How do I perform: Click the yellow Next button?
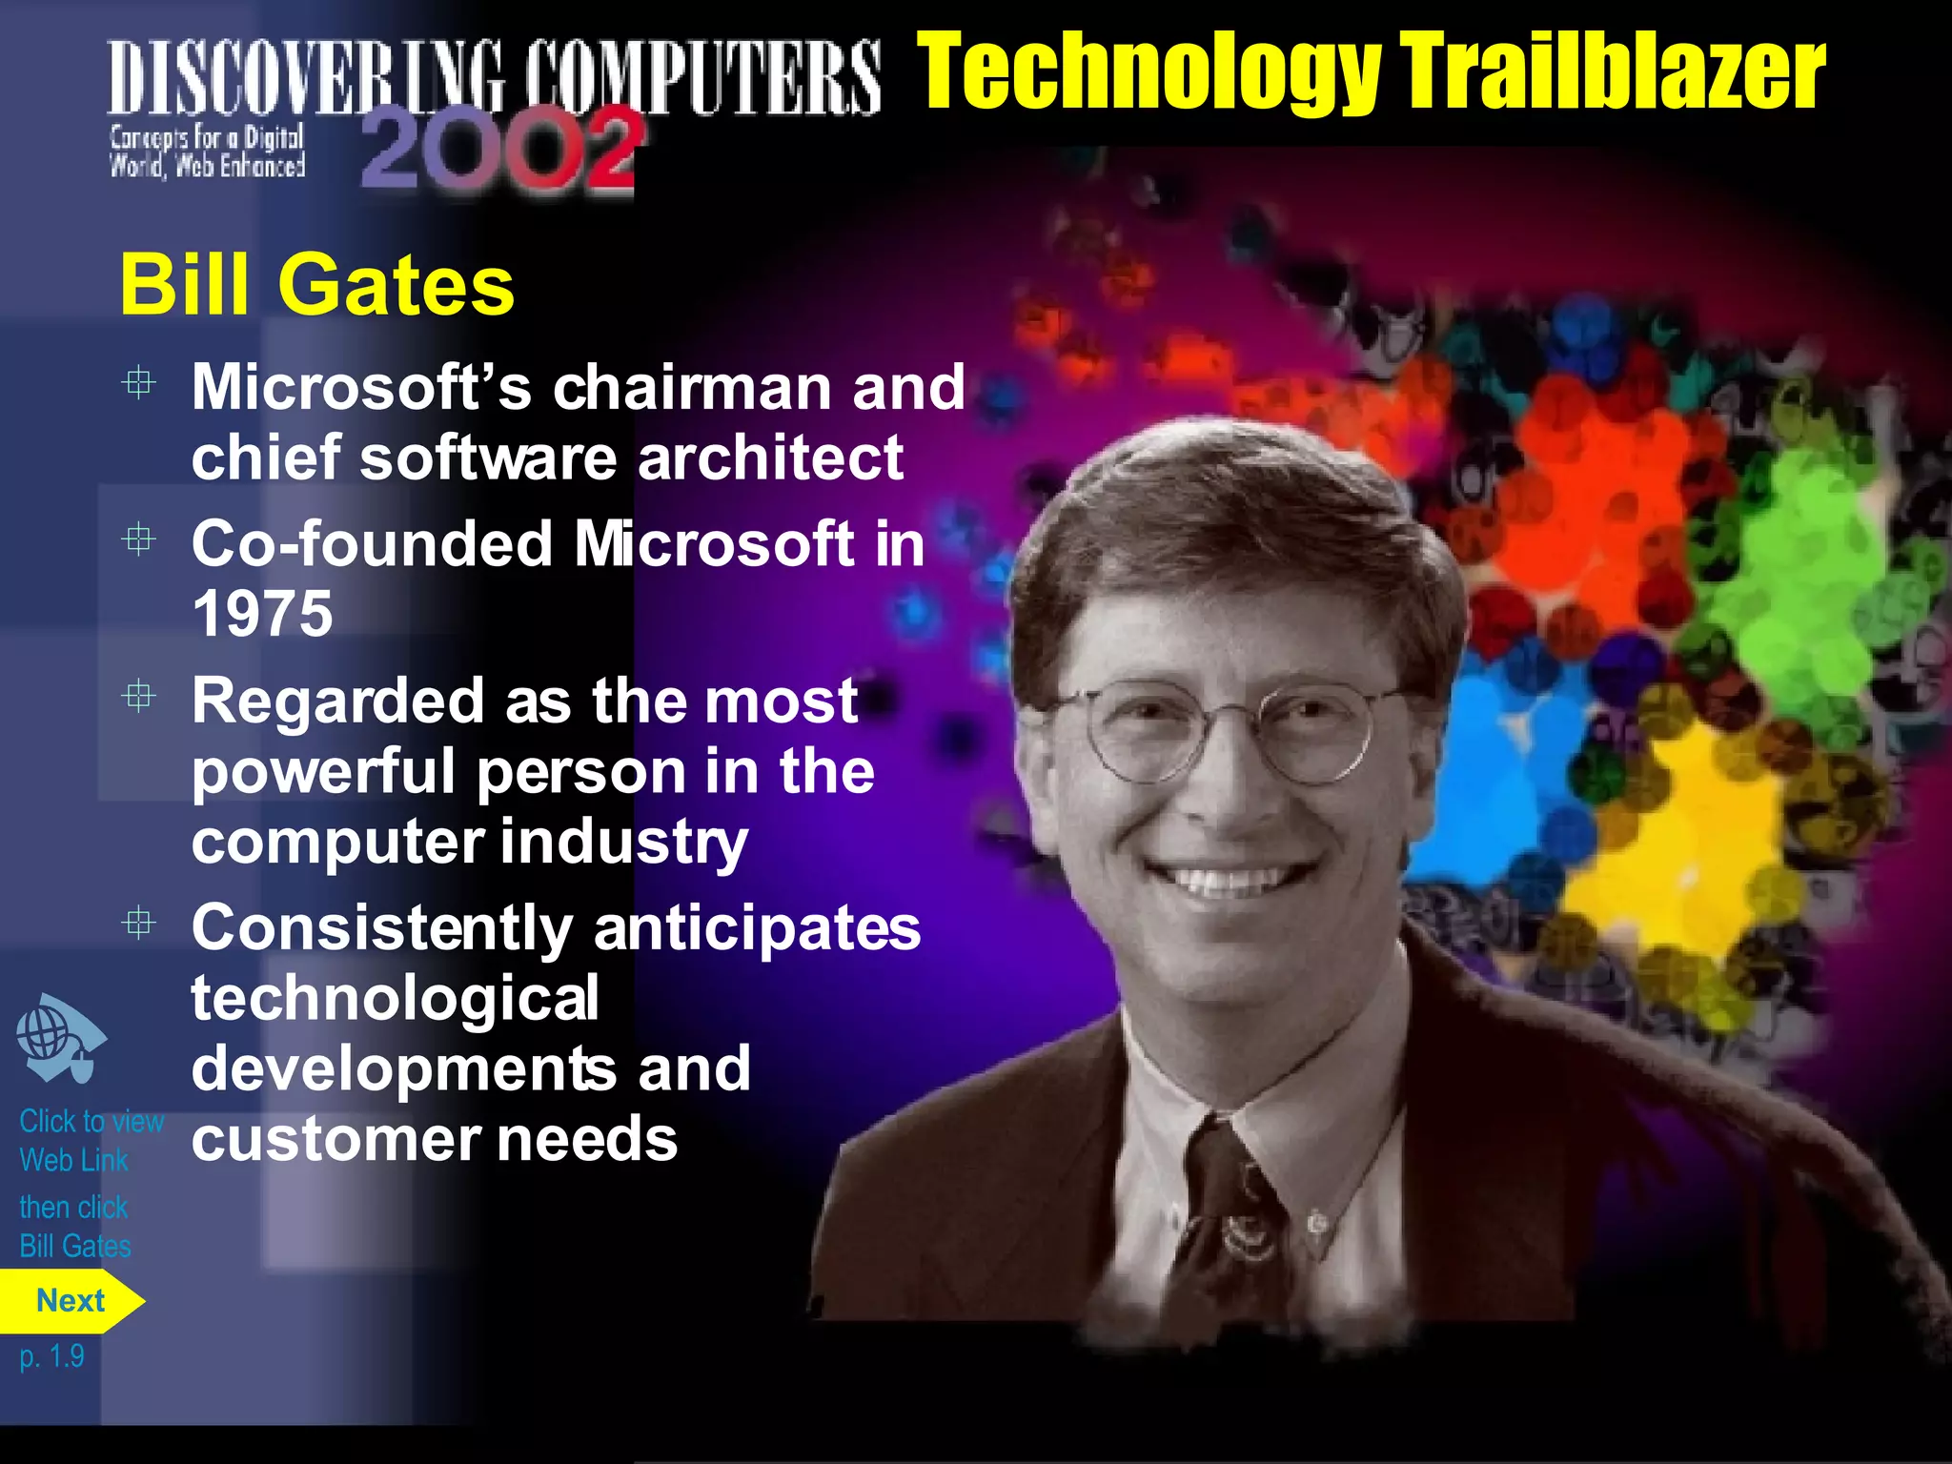pos(71,1301)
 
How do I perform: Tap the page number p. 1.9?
pos(51,1355)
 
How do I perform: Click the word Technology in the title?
pos(1149,72)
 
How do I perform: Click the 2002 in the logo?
pos(498,150)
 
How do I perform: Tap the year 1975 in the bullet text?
pos(262,613)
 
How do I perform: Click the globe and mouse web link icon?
pos(59,1038)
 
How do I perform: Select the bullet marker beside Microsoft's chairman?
pos(139,383)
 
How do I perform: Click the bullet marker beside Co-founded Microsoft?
pos(139,539)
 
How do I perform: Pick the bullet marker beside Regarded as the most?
pos(139,696)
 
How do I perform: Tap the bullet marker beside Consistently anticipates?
pos(139,923)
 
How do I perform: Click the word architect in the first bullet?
pos(770,457)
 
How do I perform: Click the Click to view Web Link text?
pos(91,1140)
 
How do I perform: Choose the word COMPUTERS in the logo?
pos(705,76)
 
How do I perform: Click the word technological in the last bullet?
pos(395,998)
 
